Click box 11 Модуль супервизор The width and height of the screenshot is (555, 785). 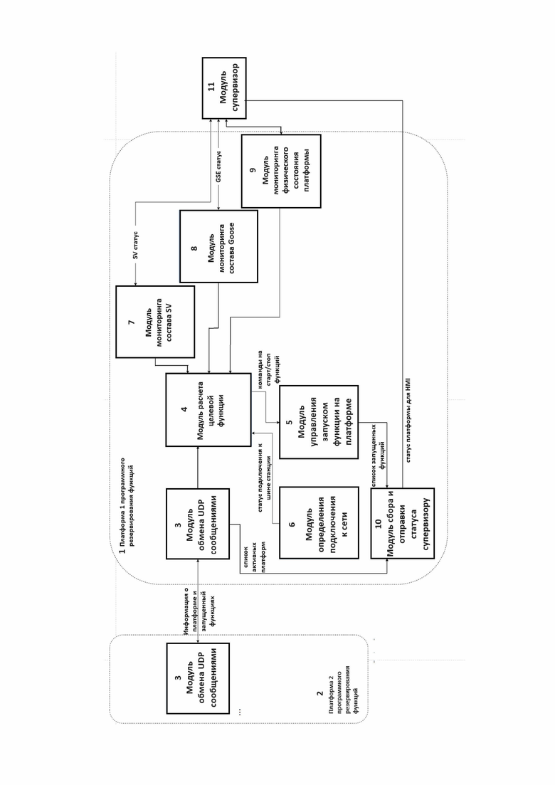(224, 88)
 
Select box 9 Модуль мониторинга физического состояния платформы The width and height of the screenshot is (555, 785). (281, 172)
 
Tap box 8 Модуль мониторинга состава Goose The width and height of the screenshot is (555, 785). (218, 246)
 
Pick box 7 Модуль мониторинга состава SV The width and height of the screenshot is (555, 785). (155, 322)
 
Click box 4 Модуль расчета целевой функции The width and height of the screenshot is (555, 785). (208, 409)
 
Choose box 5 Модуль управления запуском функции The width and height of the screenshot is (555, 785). (319, 422)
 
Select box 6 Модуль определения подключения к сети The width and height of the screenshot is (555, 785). (319, 522)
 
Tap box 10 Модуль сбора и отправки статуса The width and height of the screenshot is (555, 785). (402, 523)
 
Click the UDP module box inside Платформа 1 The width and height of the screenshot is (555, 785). (198, 524)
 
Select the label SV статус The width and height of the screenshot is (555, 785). (136, 246)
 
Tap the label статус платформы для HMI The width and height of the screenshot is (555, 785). (408, 423)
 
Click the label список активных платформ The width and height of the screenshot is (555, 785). (254, 557)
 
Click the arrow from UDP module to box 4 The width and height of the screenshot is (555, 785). (198, 468)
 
